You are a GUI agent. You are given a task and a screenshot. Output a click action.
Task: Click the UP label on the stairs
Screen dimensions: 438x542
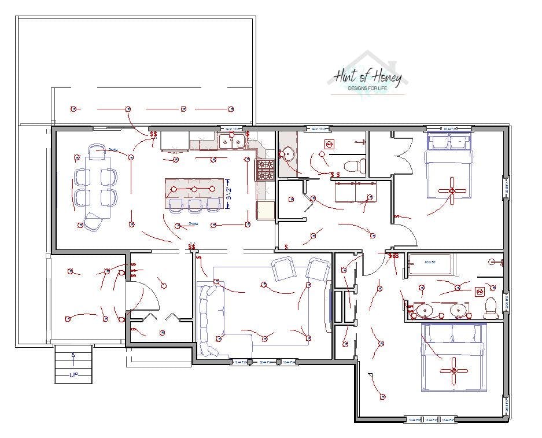tap(73, 376)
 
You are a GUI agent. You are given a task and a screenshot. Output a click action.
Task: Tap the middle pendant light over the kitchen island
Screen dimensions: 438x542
tap(194, 189)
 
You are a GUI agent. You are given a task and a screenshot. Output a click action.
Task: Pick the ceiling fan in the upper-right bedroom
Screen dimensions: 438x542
tap(452, 190)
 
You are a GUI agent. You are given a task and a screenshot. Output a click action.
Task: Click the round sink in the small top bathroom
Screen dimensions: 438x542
tap(288, 154)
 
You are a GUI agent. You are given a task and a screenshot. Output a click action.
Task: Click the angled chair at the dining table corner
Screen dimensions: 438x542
tap(92, 222)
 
